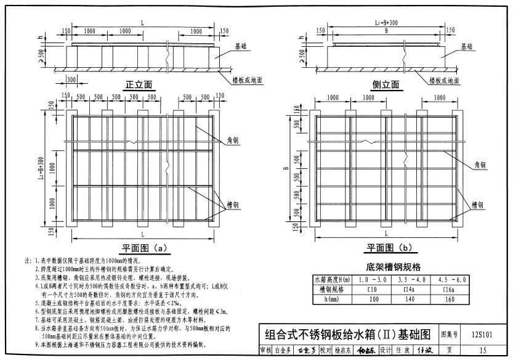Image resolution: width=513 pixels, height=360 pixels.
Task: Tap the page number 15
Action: [x=483, y=351]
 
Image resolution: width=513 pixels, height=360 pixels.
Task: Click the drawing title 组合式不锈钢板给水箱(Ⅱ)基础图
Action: [x=347, y=335]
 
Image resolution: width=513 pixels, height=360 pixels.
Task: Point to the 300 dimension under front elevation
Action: [x=71, y=80]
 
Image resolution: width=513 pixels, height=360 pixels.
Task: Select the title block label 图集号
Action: [x=450, y=335]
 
